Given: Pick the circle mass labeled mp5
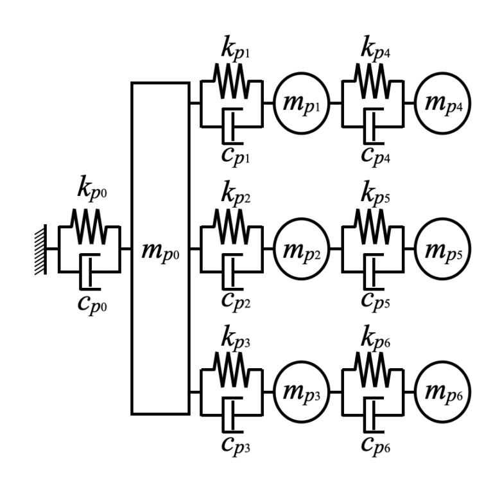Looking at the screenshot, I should pyautogui.click(x=442, y=248).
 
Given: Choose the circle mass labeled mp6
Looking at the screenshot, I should pyautogui.click(x=442, y=392).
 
